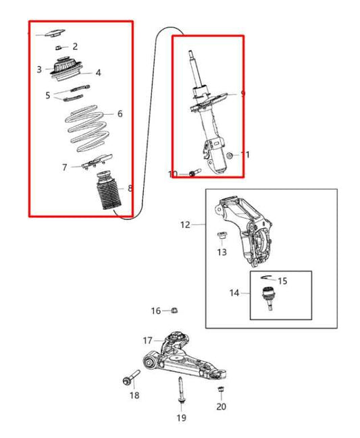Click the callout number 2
75,47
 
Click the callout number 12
185,224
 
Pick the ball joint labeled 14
269,296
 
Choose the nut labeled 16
174,310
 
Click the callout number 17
147,340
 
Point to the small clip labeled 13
221,236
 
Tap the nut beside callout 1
230,156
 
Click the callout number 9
242,94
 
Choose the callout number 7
65,167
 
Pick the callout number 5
48,95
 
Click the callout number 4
98,73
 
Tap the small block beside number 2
60,46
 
